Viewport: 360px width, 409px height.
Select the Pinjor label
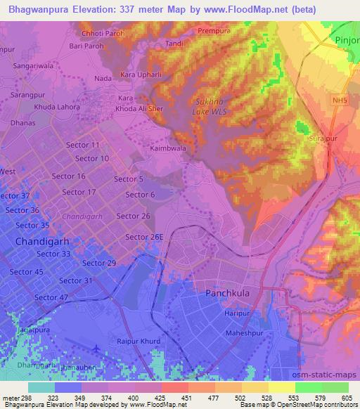coord(347,40)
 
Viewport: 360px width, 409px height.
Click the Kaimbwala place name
coord(168,149)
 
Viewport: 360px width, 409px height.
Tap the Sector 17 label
coord(79,192)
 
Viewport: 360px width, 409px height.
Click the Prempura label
coord(214,31)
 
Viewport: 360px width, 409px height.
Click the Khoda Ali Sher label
coord(140,110)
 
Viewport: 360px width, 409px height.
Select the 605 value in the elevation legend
coord(346,398)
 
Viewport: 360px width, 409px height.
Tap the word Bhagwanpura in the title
coord(38,9)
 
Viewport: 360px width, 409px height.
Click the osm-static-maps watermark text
coord(326,372)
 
